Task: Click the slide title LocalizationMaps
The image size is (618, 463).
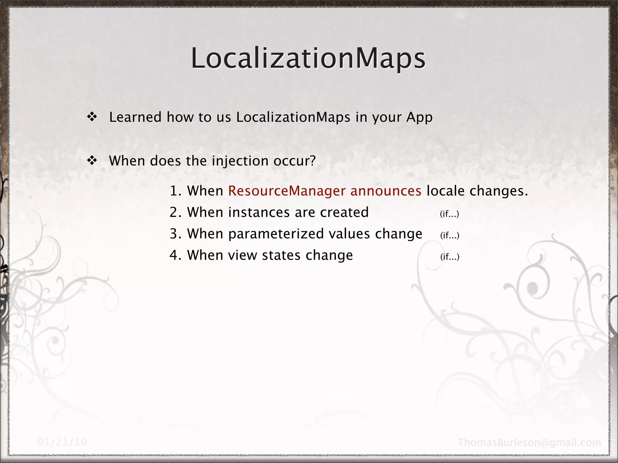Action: (308, 58)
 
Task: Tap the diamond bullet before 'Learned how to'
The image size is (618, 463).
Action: (92, 117)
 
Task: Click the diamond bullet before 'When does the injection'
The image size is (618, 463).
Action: (92, 161)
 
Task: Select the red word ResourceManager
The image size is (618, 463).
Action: (287, 191)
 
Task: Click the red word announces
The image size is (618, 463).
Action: (386, 191)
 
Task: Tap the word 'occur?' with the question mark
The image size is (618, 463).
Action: (295, 161)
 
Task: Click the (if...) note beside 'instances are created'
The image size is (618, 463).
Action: (449, 214)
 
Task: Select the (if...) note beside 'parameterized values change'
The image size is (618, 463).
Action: (450, 235)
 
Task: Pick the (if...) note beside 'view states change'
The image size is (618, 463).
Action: (450, 257)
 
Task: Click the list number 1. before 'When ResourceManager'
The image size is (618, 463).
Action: (175, 191)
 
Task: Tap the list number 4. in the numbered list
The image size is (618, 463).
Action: (175, 255)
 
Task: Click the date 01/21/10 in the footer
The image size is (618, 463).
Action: (62, 442)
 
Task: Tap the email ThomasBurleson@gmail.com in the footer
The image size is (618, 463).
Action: (529, 443)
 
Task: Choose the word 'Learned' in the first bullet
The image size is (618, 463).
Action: (135, 117)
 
